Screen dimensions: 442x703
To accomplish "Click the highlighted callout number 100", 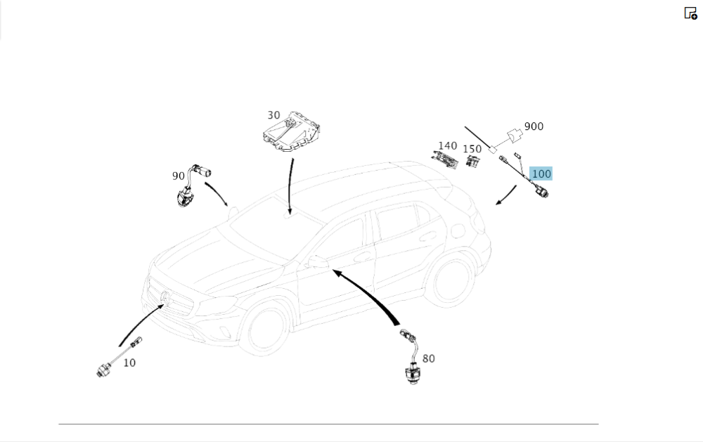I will point(541,174).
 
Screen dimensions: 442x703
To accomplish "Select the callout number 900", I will point(534,126).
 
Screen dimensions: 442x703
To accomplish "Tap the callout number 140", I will point(448,146).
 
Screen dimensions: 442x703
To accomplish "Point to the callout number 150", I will point(472,149).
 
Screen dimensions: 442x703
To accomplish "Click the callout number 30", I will point(273,115).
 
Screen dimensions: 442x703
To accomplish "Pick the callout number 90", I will point(179,176).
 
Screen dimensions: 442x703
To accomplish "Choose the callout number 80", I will point(428,358).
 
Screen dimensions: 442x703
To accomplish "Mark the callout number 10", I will point(129,363).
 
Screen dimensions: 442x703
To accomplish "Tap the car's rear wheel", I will point(451,280).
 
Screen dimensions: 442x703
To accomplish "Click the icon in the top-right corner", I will point(690,13).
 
